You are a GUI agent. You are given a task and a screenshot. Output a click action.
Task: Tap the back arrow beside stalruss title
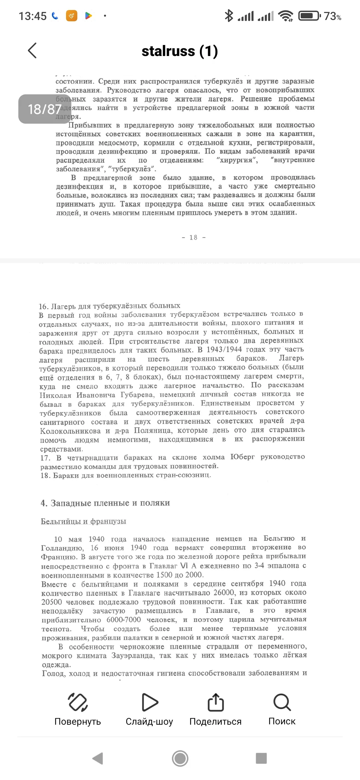pos(32,51)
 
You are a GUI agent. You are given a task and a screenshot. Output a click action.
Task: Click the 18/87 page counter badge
pos(44,109)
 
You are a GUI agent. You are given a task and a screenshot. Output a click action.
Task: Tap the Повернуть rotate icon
pos(78,702)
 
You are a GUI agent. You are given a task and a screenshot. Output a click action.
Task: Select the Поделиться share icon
pos(215,702)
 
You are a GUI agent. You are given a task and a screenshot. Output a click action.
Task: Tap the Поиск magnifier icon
pos(282,702)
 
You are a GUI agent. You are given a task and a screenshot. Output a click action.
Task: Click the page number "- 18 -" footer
pos(194,237)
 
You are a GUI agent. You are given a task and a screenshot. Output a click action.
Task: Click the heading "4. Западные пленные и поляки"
pos(105,503)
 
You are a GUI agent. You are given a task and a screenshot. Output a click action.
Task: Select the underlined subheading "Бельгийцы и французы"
pos(83,521)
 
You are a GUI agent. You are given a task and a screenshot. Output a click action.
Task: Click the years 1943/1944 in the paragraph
pos(224,350)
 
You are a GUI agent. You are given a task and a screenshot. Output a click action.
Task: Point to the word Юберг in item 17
pos(242,457)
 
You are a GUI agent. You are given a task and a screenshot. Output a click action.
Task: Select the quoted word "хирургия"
pos(237,160)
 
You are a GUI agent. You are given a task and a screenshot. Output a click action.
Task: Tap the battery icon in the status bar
pos(309,16)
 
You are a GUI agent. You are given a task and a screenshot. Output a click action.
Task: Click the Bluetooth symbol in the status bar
pos(229,16)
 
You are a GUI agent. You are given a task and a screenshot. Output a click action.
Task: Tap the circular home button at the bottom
pos(180,759)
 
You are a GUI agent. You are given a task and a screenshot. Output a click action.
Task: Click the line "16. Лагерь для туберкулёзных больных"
pos(109,306)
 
